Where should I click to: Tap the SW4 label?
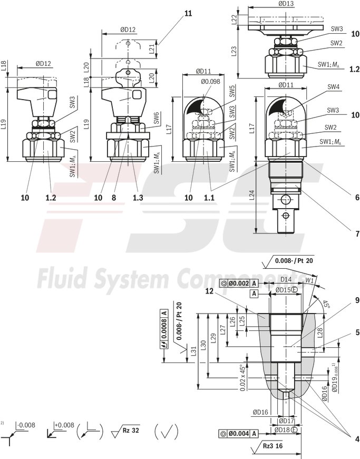click(333, 87)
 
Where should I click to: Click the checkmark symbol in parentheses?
click(168, 432)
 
